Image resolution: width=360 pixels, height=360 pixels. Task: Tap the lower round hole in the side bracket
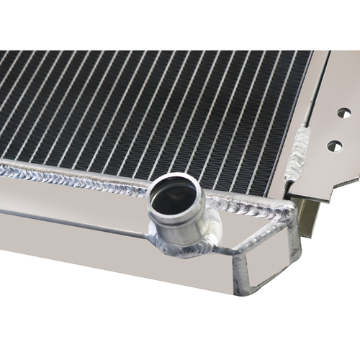334,146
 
